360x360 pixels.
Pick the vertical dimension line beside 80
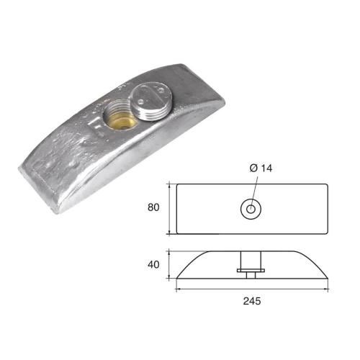tap(170, 209)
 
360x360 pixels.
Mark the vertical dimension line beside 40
tap(170, 264)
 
